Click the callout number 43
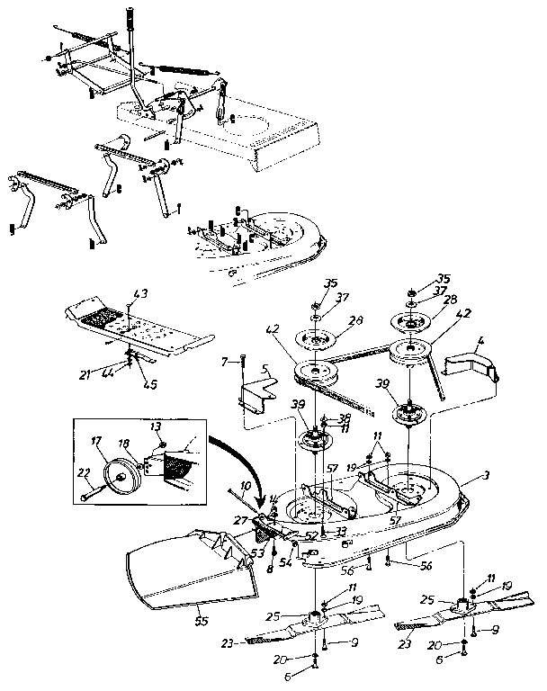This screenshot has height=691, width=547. tap(139, 294)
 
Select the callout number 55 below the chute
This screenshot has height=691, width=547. tap(199, 620)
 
